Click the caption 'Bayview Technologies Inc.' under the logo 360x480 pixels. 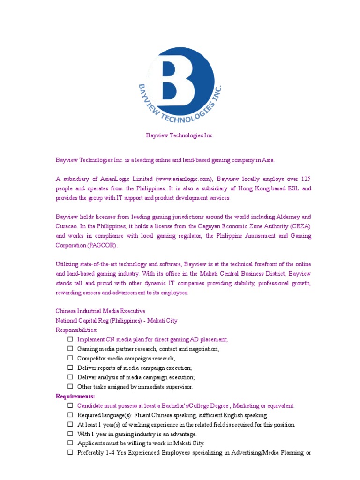(x=180, y=135)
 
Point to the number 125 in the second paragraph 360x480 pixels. (x=305, y=179)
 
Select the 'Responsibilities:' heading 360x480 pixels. (x=76, y=330)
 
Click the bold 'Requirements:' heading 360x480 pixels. (x=75, y=397)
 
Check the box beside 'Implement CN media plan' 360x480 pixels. (x=70, y=339)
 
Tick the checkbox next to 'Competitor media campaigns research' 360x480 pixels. (x=70, y=358)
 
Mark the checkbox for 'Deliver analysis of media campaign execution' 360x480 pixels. (x=70, y=377)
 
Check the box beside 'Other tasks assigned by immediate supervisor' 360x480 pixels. (x=70, y=387)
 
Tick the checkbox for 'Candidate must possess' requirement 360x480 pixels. (x=70, y=406)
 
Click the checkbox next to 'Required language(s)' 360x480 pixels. (x=70, y=415)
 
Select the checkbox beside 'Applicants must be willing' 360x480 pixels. (x=70, y=443)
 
